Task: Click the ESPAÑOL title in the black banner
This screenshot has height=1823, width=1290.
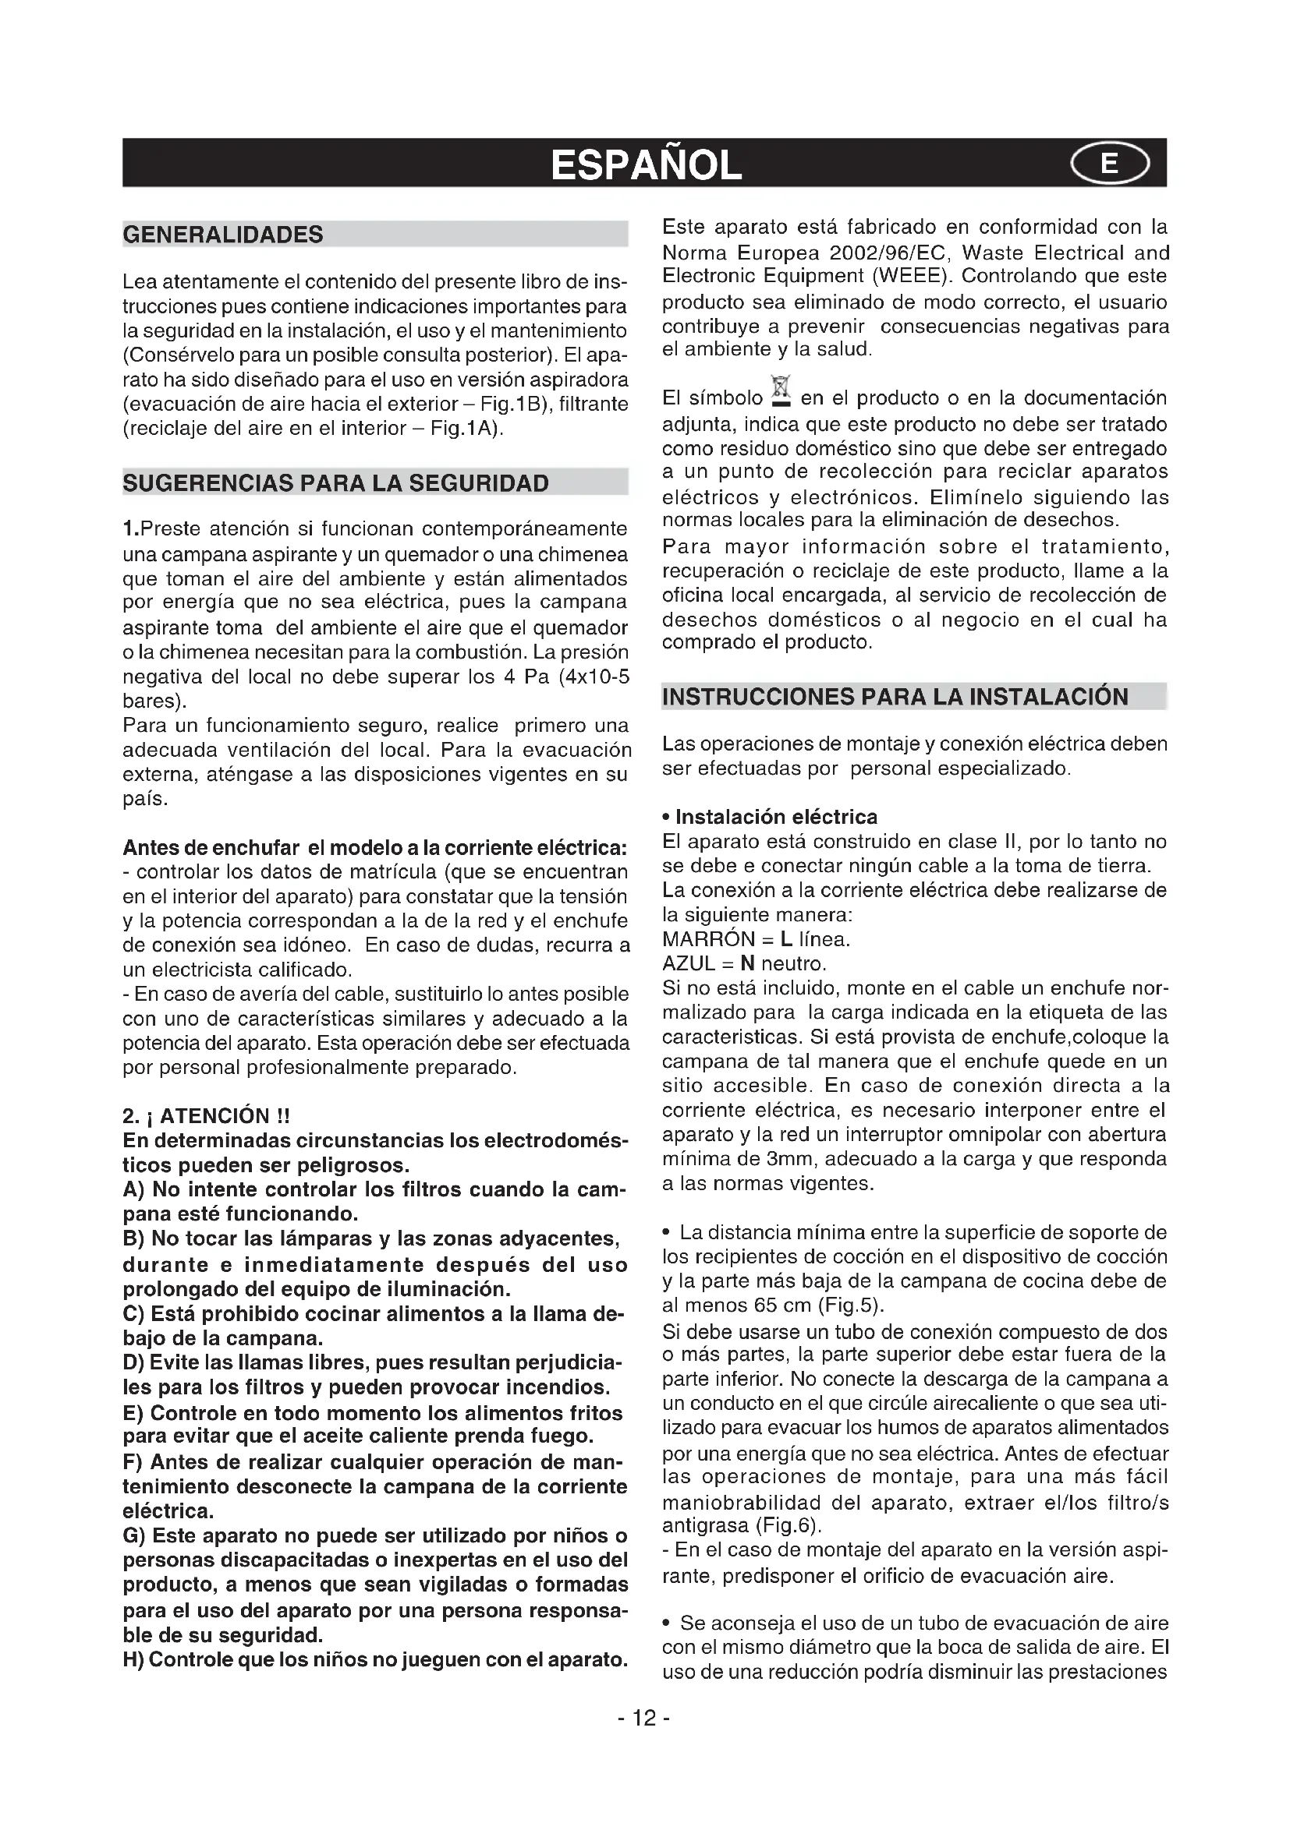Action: point(646,165)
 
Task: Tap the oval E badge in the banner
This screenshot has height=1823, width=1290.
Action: point(1109,164)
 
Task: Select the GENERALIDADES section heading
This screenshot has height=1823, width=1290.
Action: point(223,235)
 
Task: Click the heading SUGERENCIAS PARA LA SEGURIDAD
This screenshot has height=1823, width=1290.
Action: point(335,483)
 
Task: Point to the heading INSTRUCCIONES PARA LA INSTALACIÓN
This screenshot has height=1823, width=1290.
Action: point(895,697)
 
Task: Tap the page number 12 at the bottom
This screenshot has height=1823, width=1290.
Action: point(644,1719)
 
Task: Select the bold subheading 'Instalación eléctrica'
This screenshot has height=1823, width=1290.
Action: point(775,817)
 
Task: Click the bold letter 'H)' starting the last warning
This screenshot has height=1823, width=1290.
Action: point(133,1660)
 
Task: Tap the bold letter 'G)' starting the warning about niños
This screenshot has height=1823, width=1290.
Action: point(133,1536)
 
